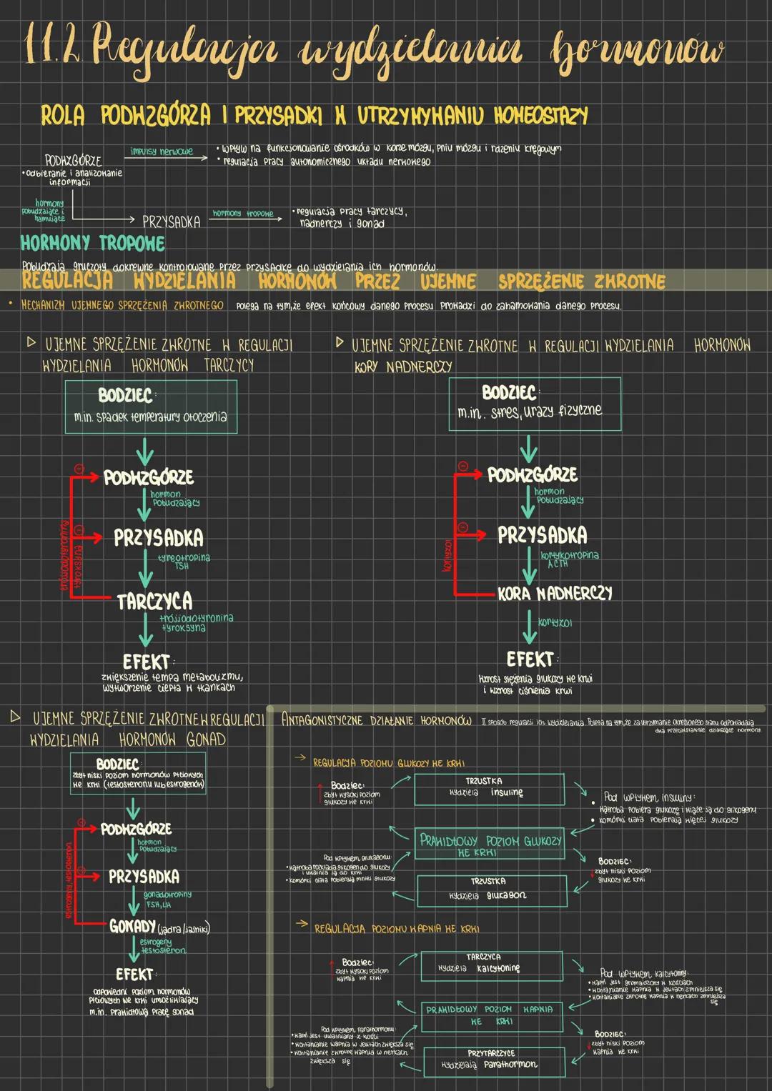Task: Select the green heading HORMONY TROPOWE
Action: pos(93,243)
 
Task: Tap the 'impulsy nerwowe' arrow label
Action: pos(162,151)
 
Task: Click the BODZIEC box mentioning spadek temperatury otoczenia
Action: pos(151,407)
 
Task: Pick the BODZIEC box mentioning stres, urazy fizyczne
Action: pos(534,404)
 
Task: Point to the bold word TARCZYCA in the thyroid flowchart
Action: pos(154,601)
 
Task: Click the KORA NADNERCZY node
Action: pos(555,593)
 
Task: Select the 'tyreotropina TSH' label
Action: pos(183,562)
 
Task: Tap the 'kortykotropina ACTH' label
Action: pos(569,559)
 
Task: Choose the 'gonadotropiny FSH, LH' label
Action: pos(167,899)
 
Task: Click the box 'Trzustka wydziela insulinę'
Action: pos(489,788)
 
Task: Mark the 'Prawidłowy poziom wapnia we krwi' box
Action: pos(489,1015)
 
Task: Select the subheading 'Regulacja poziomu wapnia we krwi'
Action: pos(396,928)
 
